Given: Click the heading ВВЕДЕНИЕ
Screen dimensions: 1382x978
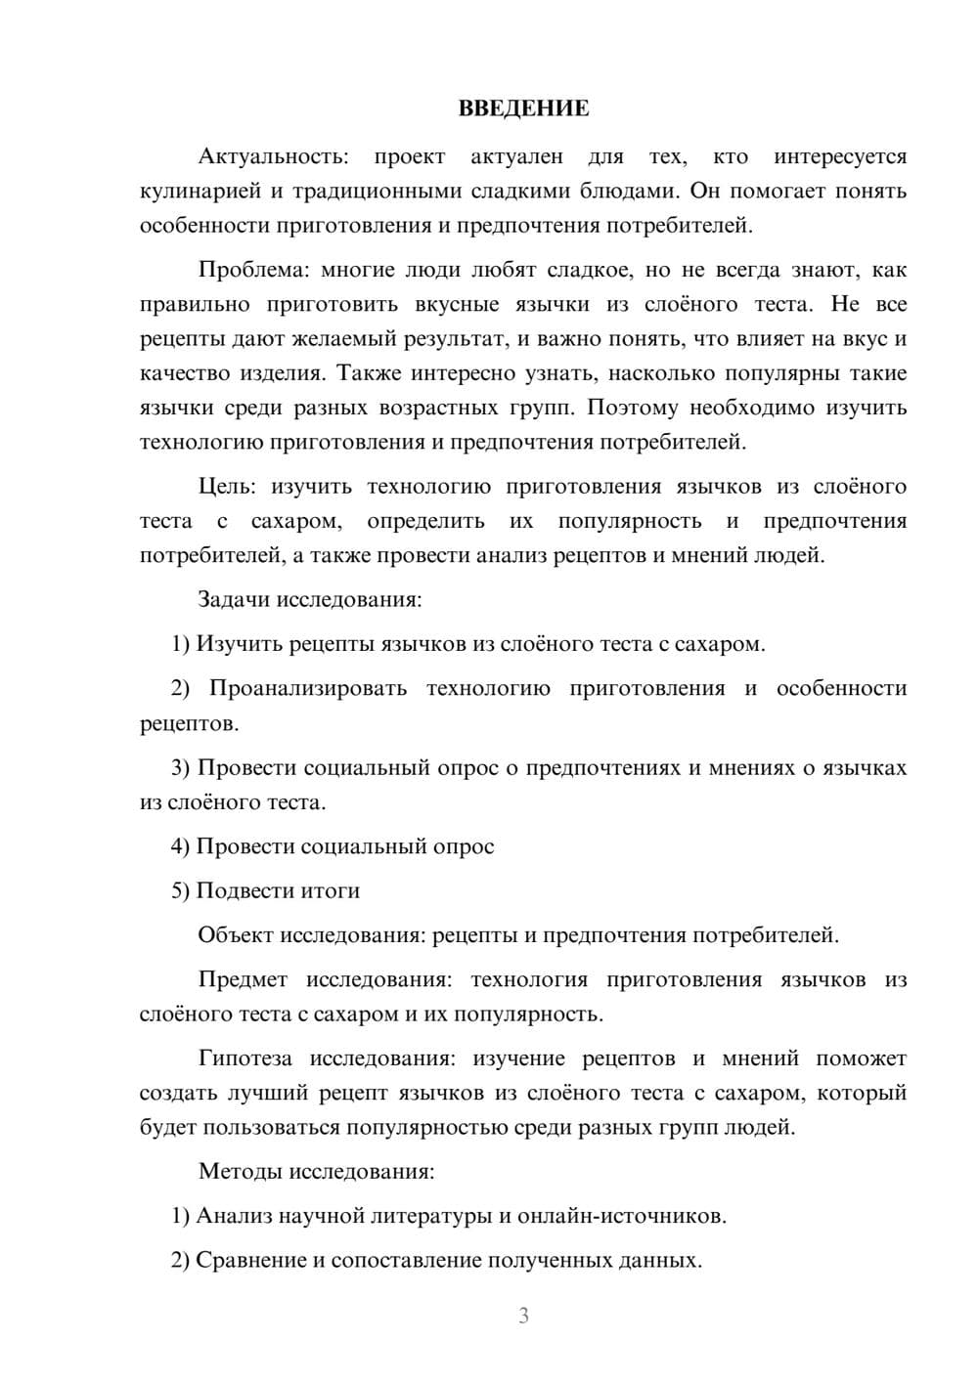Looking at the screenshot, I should tap(523, 108).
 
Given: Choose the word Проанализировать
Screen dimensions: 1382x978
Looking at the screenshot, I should tap(308, 688).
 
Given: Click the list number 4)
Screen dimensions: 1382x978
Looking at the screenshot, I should tap(180, 846).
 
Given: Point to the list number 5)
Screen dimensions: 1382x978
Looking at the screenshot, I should tap(180, 890).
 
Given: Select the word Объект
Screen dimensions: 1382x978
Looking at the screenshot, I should tap(236, 935).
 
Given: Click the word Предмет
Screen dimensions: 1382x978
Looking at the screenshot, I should tap(243, 979).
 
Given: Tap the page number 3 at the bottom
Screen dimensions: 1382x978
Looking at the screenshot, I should tap(523, 1316).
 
